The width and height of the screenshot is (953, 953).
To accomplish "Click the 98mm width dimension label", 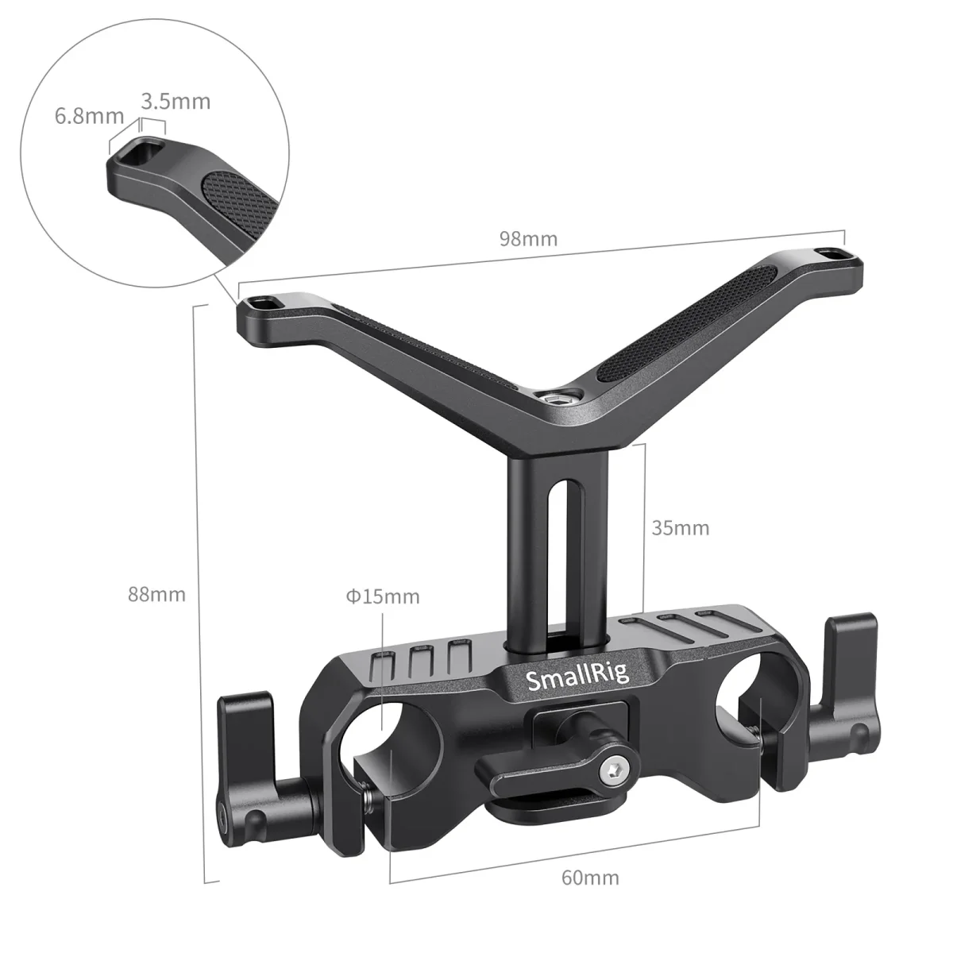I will [528, 238].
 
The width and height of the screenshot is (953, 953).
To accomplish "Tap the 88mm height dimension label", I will [158, 594].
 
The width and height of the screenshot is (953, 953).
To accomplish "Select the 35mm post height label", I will [680, 527].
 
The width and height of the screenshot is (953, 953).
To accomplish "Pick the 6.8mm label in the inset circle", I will [89, 117].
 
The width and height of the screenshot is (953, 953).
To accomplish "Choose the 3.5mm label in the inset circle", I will [176, 101].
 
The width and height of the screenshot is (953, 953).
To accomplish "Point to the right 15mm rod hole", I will [740, 699].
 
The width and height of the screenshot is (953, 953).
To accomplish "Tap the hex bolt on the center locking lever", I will [613, 768].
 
